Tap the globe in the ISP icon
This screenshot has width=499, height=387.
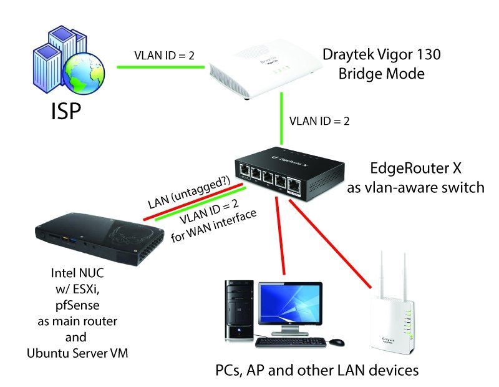pos(87,74)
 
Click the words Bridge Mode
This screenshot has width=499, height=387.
pos(381,74)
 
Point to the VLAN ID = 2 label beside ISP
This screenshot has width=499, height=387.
pos(164,55)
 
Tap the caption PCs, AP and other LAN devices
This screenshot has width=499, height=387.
pos(316,370)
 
